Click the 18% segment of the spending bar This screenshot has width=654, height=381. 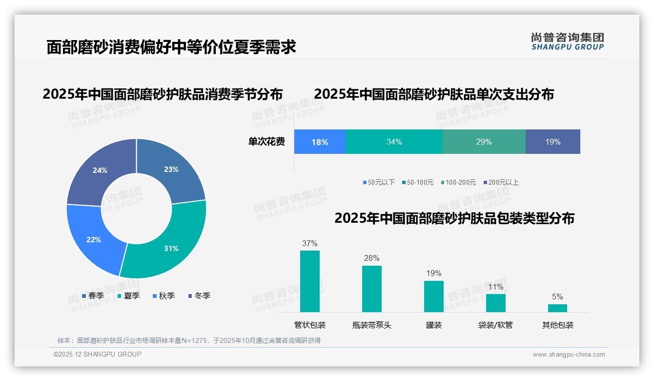[320, 142]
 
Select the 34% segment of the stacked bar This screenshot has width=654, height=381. [394, 142]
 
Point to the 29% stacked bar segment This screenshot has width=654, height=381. [484, 142]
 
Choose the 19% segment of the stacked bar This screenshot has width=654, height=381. [552, 142]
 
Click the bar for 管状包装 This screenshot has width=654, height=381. [310, 281]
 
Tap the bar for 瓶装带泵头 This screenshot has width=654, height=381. [372, 289]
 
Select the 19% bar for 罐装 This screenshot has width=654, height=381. [434, 296]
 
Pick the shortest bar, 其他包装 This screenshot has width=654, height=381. [557, 308]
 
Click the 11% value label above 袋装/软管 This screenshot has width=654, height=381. [496, 287]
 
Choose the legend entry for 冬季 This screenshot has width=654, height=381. [199, 296]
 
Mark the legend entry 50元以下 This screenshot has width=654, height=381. [379, 183]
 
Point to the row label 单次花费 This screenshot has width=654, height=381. [266, 142]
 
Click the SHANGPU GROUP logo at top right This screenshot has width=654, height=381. [567, 42]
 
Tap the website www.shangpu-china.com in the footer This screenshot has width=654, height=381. [569, 355]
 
